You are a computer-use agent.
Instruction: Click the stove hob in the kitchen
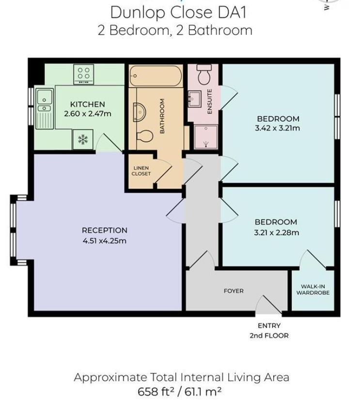tap(84, 75)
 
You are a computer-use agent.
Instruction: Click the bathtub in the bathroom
tap(156, 76)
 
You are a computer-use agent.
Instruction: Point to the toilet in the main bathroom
tap(145, 135)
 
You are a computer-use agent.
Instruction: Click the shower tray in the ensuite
tap(206, 135)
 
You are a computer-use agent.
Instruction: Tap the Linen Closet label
tap(141, 171)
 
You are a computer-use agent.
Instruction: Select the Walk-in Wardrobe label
tap(313, 289)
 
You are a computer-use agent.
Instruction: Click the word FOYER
tap(234, 291)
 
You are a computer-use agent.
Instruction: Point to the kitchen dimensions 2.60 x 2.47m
tap(88, 114)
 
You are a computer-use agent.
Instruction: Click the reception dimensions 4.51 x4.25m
tap(104, 241)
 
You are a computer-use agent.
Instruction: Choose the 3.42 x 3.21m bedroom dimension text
tap(278, 129)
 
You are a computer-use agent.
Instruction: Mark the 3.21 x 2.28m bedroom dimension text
tap(276, 233)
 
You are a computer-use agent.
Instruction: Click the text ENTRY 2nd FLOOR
tap(269, 331)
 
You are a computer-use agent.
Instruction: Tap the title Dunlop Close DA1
tap(175, 12)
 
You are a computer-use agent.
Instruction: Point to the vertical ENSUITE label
tap(210, 102)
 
